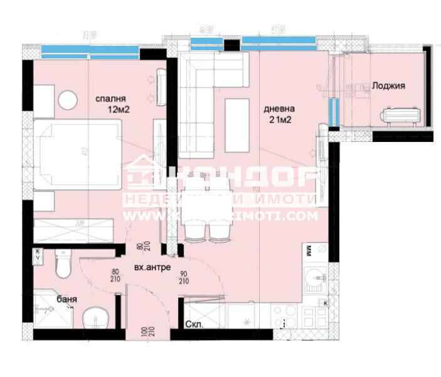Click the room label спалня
click(111, 99)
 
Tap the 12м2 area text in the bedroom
click(119, 109)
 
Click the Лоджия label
click(388, 86)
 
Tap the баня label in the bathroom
click(66, 300)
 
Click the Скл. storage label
click(194, 325)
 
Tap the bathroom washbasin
click(94, 318)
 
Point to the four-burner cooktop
click(285, 317)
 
